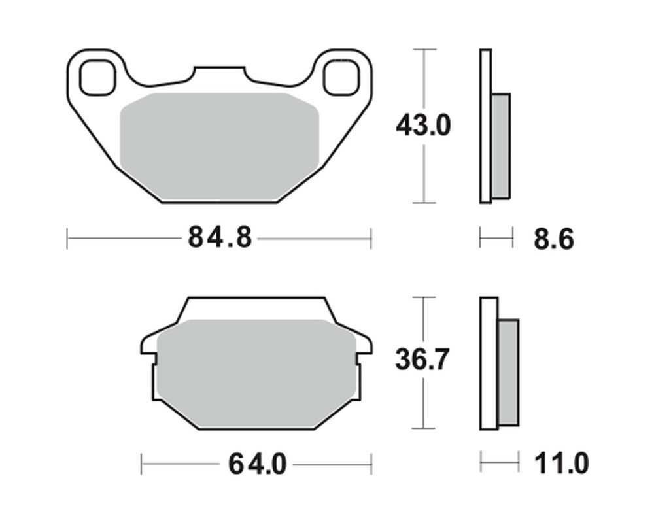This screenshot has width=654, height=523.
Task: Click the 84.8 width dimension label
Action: pyautogui.click(x=220, y=237)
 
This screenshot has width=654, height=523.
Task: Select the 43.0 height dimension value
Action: pyautogui.click(x=423, y=126)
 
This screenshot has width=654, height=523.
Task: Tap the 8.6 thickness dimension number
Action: pyautogui.click(x=554, y=239)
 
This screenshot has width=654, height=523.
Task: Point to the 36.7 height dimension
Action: pyautogui.click(x=422, y=360)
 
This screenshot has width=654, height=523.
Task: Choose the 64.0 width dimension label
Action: pyautogui.click(x=257, y=464)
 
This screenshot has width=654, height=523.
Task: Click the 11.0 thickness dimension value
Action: pyautogui.click(x=561, y=464)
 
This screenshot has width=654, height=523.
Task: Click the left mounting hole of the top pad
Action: pyautogui.click(x=97, y=78)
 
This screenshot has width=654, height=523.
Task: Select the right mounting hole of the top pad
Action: pyautogui.click(x=341, y=78)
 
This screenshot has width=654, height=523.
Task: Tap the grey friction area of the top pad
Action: pyautogui.click(x=219, y=147)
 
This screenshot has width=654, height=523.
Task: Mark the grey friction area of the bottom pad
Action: pyautogui.click(x=256, y=374)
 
